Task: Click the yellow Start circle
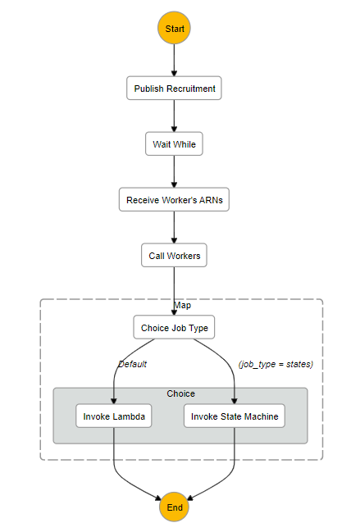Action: point(174,29)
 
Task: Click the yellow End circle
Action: point(174,507)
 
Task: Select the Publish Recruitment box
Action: point(174,89)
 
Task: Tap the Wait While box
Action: point(174,144)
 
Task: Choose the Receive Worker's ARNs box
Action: point(174,200)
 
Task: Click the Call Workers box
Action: point(174,256)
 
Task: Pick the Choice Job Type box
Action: point(174,328)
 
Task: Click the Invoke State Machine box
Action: point(235,416)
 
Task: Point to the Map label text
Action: point(182,306)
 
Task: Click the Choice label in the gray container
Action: point(181,393)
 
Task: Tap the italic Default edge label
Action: point(132,363)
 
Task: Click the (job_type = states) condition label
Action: point(276,363)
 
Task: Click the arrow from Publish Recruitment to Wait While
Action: point(174,116)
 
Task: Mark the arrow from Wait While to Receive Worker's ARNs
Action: point(174,172)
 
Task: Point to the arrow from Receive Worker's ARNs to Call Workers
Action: point(174,228)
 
